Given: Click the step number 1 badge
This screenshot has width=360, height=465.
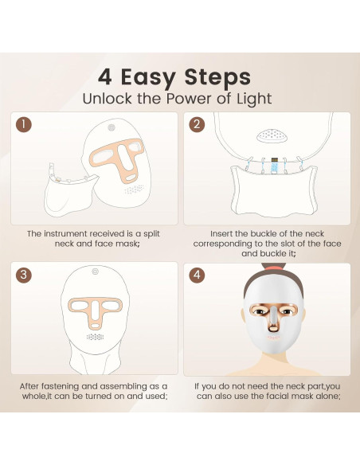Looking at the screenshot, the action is point(24,125).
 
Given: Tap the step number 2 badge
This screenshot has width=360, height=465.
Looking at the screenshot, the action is point(197,124).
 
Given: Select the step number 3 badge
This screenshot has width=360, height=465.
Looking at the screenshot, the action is point(24,275).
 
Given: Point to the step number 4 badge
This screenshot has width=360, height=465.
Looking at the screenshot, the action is point(197,275).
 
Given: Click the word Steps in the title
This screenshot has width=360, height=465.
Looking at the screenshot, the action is point(217,77).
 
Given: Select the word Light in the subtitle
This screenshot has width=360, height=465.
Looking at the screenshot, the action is point(254,99).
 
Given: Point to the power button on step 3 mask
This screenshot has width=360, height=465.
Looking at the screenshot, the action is point(96,271).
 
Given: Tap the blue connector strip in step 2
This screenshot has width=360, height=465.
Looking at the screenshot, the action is point(274,166).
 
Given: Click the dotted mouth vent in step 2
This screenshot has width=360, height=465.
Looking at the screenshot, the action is point(272,136).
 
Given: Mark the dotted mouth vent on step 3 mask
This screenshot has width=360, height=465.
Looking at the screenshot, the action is point(96,337).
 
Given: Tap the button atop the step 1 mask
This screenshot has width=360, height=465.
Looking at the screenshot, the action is point(112,127).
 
